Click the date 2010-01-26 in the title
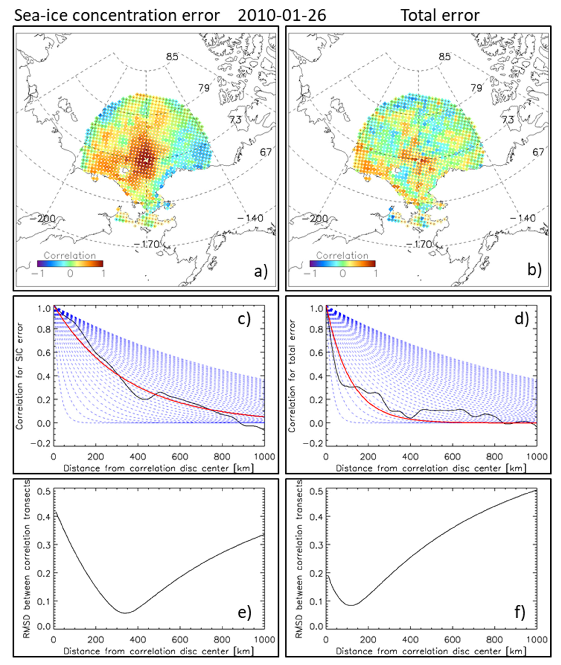tap(282, 15)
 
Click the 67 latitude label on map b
tap(538, 152)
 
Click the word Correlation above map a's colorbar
tap(70, 255)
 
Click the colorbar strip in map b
tap(342, 263)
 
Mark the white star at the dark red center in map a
tap(146, 160)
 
